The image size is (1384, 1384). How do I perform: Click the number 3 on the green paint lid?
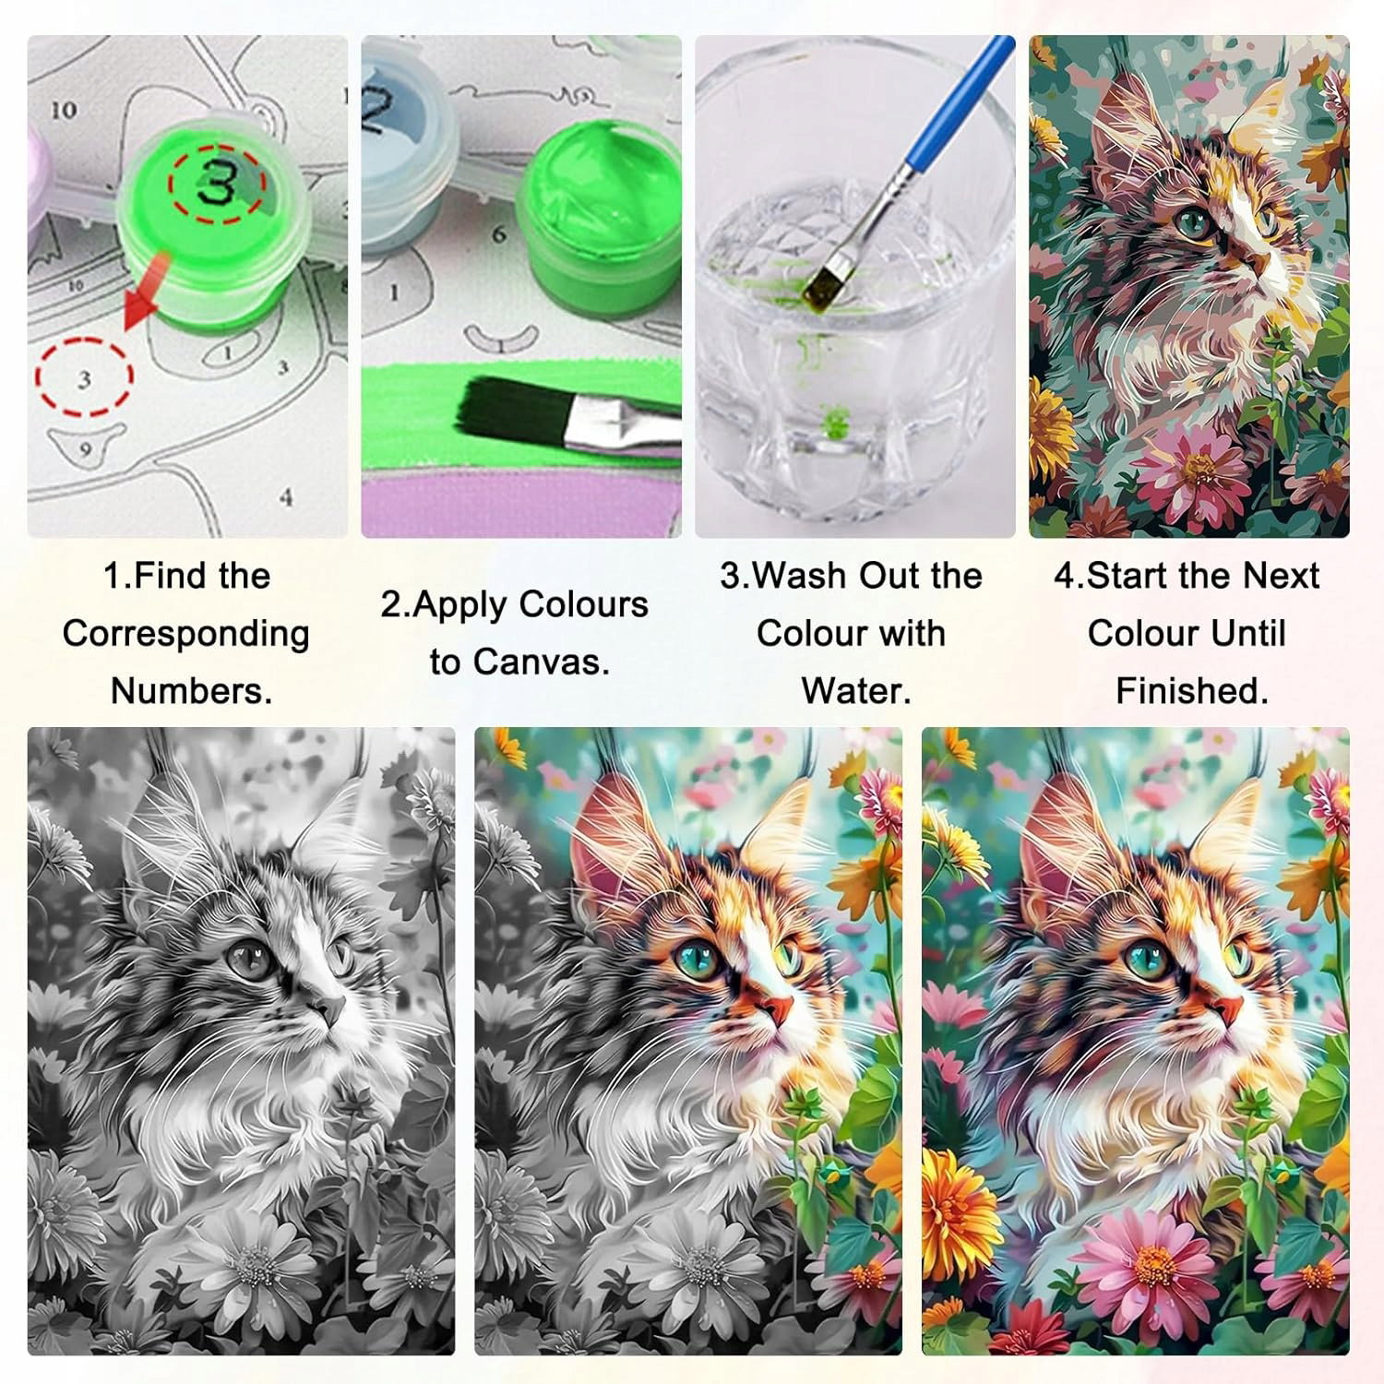click(217, 183)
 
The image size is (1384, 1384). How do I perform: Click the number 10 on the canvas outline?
click(63, 110)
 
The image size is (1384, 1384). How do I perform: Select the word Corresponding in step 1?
click(186, 634)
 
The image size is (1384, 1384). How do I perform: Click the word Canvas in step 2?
click(519, 662)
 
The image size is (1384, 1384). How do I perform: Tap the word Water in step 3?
click(856, 690)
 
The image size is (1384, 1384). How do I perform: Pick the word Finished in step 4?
click(1192, 690)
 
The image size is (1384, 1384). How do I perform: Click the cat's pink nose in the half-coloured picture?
click(775, 1007)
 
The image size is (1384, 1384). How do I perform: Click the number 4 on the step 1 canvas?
click(286, 497)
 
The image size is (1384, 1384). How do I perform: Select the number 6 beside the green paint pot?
click(498, 234)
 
